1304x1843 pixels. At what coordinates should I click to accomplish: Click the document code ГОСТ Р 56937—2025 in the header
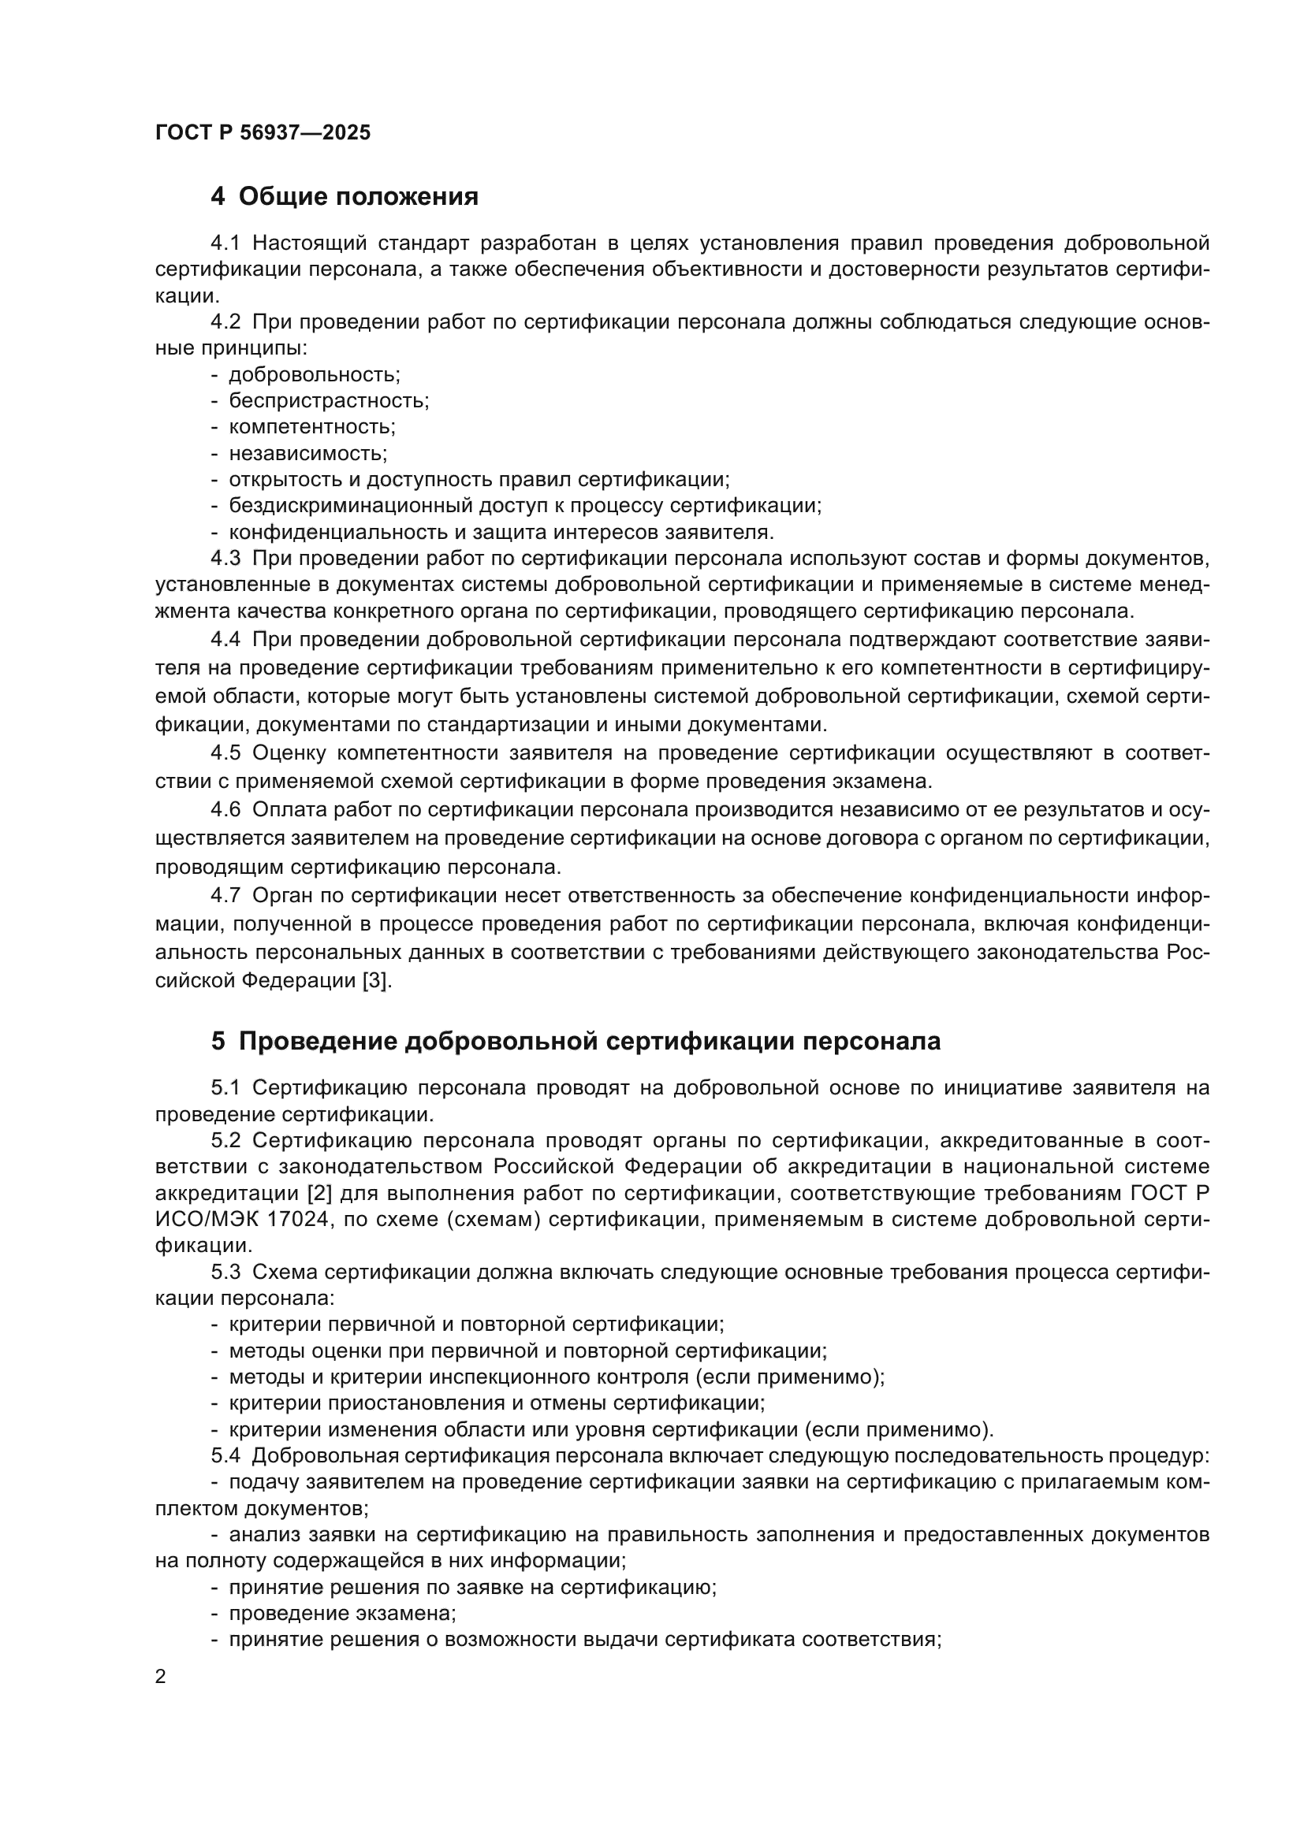(263, 132)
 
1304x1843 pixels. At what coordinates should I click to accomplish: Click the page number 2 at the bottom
(161, 1677)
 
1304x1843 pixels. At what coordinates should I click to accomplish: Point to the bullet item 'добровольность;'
(314, 374)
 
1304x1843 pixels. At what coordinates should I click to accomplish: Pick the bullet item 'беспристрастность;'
(329, 400)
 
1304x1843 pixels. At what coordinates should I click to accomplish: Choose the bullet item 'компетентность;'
(312, 427)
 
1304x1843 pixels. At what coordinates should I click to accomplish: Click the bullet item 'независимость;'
(307, 454)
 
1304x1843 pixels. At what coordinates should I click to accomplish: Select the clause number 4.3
(225, 558)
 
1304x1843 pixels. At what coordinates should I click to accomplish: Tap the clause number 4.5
(225, 753)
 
